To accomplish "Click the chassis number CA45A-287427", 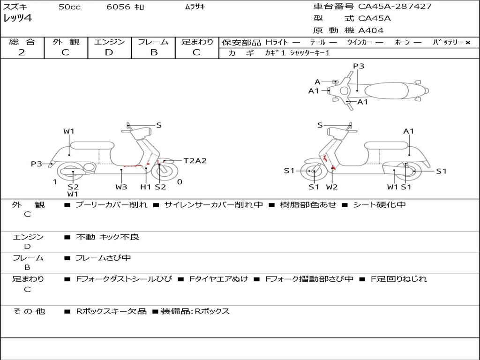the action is click(395, 7).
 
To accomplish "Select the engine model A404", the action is click(371, 30).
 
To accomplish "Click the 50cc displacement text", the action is click(69, 7).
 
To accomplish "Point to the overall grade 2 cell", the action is click(22, 52).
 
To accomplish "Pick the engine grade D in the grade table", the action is click(109, 52).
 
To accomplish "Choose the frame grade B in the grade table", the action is click(153, 52).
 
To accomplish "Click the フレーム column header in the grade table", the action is click(153, 42).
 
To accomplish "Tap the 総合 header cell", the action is click(22, 42).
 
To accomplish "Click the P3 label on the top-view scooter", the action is click(359, 66).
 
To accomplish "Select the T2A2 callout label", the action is click(195, 161).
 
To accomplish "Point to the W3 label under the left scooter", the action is click(121, 187).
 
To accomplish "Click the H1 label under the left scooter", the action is click(146, 187).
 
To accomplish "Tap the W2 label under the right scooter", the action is click(332, 187).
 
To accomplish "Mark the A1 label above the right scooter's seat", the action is click(409, 131).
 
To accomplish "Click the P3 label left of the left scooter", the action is click(37, 164).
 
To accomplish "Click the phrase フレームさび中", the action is click(103, 258).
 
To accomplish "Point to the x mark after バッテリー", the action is click(467, 43).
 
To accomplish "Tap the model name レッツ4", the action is click(18, 19).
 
